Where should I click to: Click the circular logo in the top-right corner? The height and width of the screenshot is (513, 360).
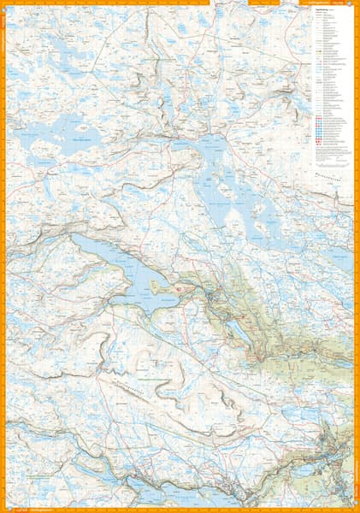click(351, 8)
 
